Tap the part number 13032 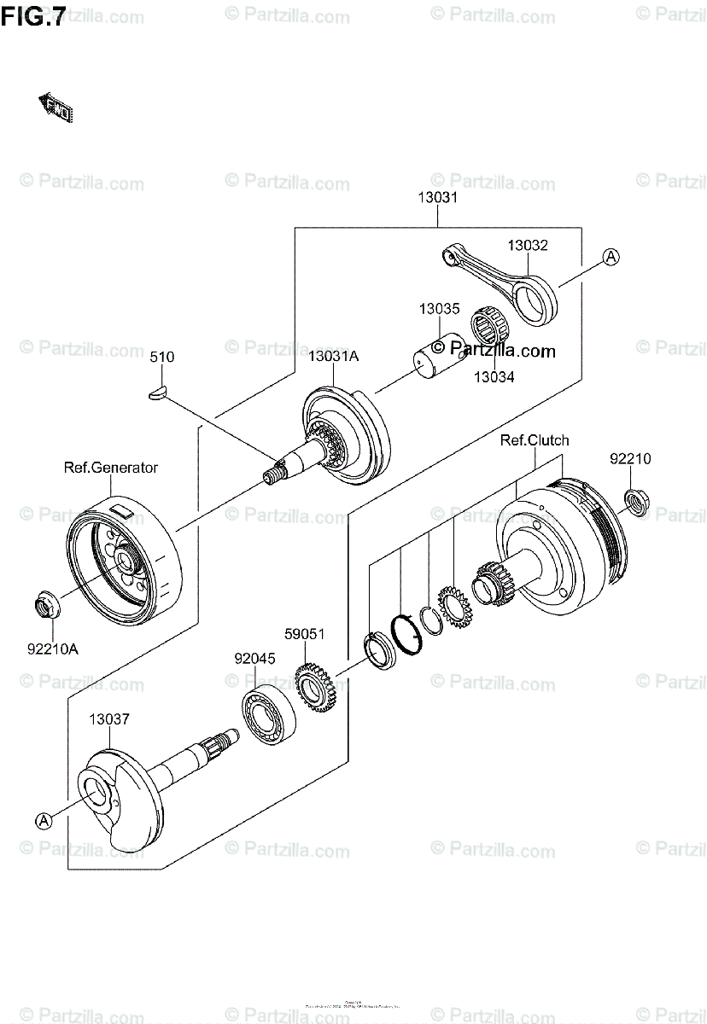(527, 245)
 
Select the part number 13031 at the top (438, 198)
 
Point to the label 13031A (334, 358)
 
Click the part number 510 (161, 358)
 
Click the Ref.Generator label (110, 468)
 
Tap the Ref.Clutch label (535, 440)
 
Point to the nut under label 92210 (634, 501)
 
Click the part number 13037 (109, 719)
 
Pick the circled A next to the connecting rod (611, 255)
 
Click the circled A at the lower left (44, 820)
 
